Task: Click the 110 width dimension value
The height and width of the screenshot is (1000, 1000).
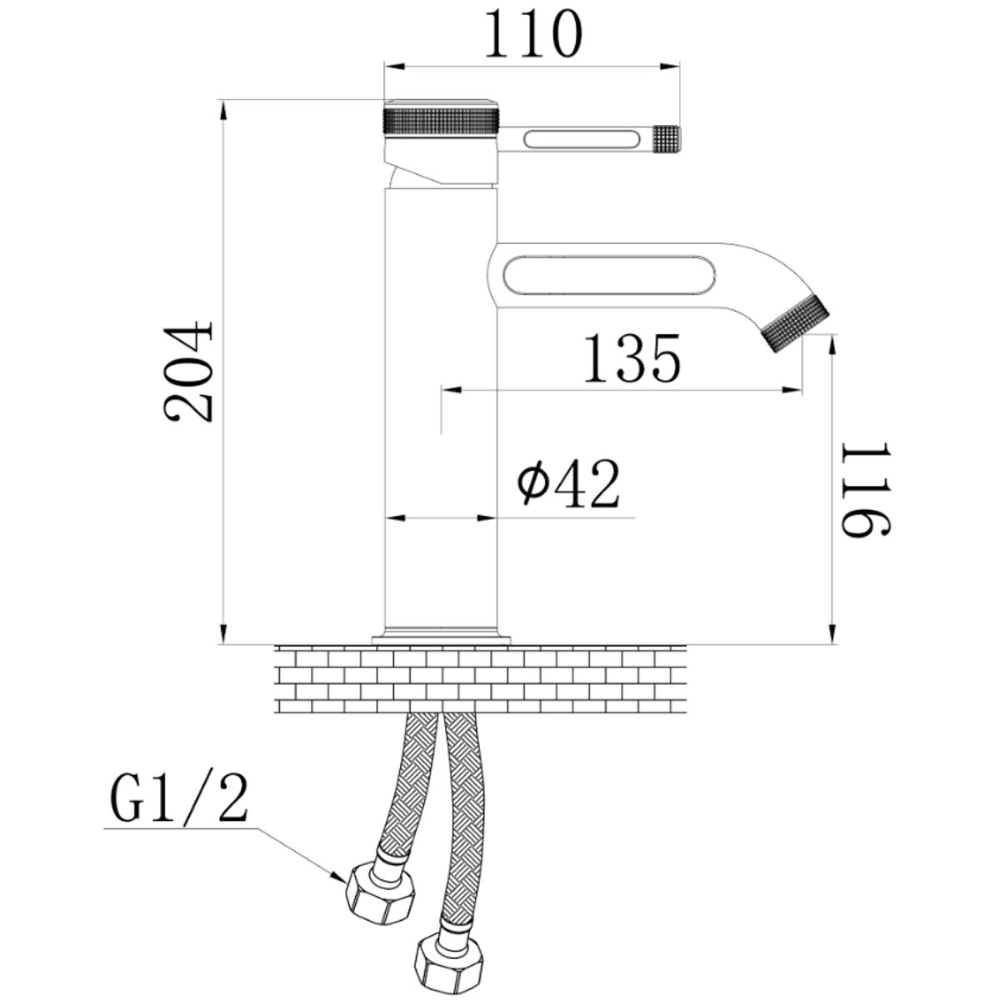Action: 533,33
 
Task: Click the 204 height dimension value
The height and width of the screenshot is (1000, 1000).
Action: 188,372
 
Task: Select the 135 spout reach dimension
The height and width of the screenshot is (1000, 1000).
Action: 632,358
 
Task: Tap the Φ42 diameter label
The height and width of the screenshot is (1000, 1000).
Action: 569,483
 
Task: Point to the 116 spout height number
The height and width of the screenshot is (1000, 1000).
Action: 866,489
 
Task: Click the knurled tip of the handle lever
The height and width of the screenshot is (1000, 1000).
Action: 667,139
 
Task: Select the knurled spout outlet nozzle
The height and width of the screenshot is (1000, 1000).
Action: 795,323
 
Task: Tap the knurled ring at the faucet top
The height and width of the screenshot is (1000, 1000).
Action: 441,122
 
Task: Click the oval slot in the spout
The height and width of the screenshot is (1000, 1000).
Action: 609,275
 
